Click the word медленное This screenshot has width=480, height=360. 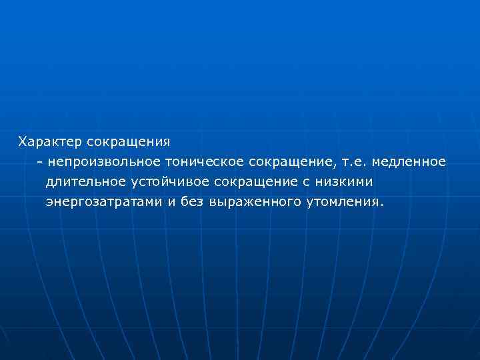[409, 162]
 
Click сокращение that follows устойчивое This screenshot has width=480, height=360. [247, 182]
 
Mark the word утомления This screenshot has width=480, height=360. [341, 202]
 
